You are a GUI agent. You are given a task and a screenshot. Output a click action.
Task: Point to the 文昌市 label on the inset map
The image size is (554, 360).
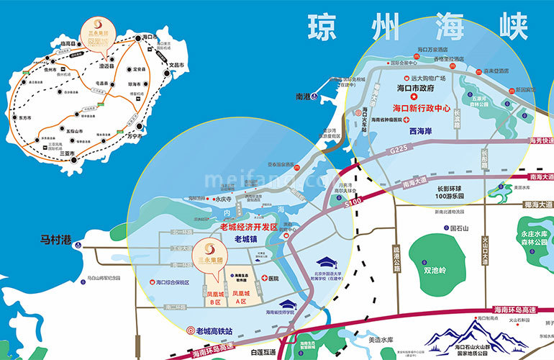click(177, 66)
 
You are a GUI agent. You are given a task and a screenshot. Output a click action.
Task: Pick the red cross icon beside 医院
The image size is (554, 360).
click(265, 278)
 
